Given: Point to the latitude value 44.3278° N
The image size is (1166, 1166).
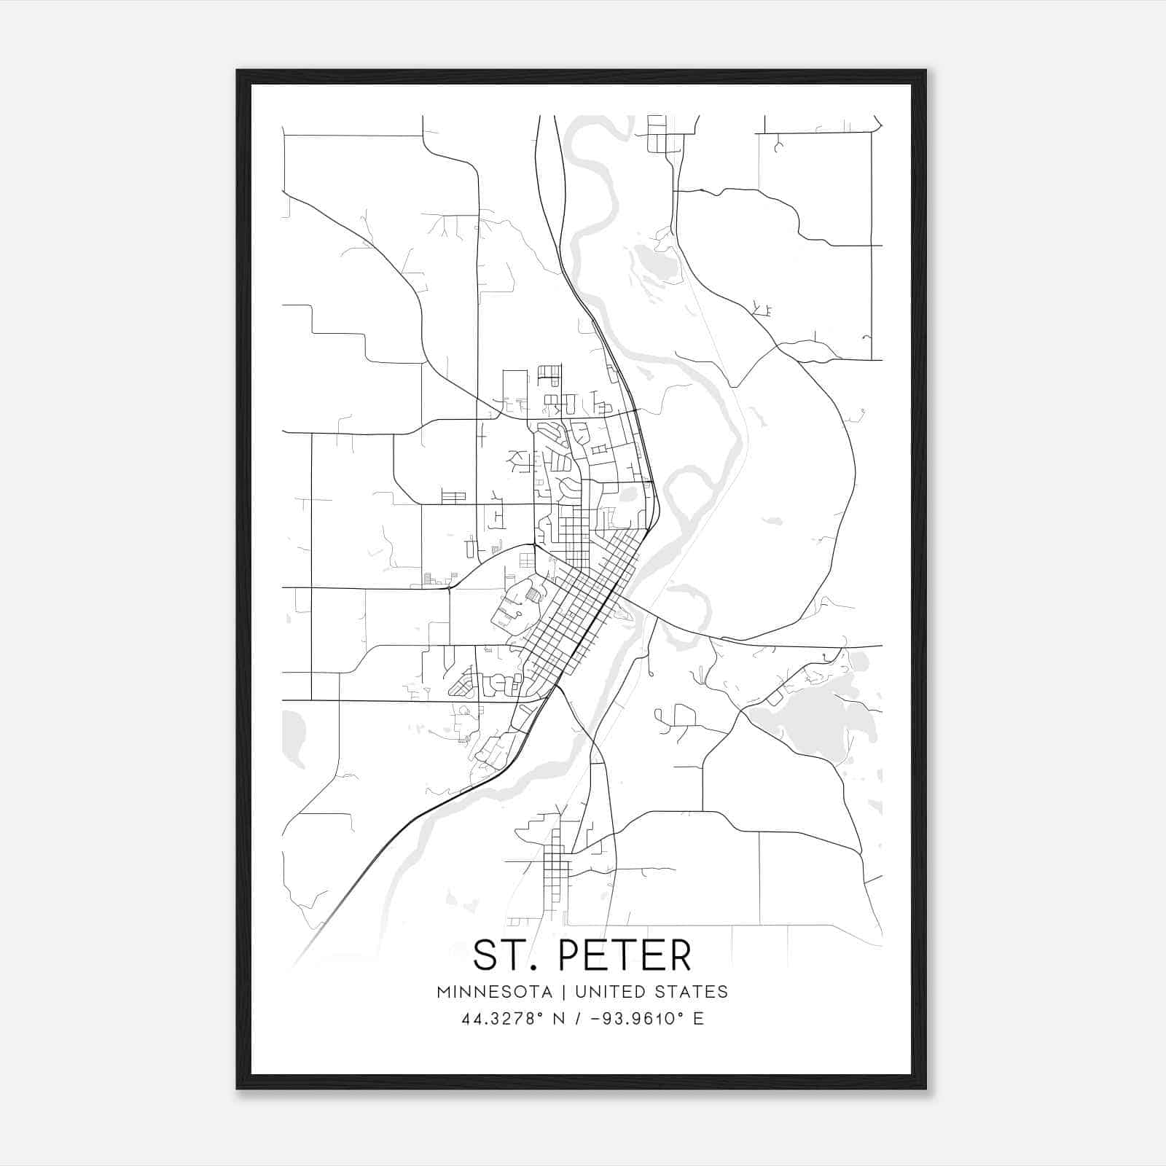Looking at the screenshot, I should point(514,1019).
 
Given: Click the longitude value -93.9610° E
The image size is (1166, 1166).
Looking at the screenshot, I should point(649,1019).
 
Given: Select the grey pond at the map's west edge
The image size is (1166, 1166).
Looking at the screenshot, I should point(293,737).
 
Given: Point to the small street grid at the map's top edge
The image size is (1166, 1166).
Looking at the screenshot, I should point(657,133).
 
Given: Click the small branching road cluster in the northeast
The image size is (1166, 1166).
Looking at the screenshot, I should point(762,310).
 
